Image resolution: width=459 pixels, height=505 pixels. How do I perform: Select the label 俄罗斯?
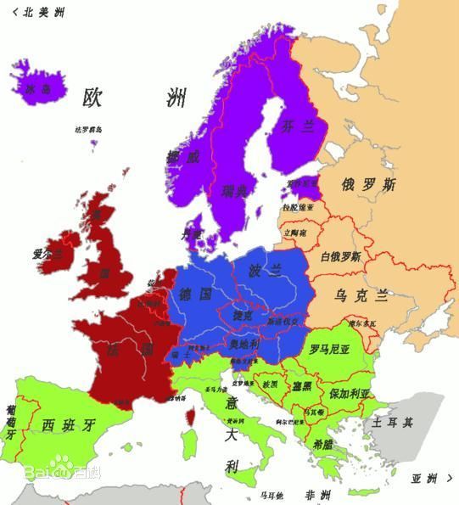point(367,183)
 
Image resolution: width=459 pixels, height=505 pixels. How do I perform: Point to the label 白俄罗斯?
point(340,256)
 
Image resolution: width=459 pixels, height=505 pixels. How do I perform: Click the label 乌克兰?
point(361,295)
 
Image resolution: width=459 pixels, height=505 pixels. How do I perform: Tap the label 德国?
point(195,295)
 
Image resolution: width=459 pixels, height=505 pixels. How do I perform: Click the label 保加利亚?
point(350,394)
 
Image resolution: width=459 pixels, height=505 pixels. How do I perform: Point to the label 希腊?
point(322,443)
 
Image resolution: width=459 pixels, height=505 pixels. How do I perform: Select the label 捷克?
point(243,314)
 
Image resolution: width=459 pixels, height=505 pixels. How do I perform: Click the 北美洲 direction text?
point(42,12)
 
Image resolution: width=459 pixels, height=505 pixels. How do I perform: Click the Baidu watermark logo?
point(62,469)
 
